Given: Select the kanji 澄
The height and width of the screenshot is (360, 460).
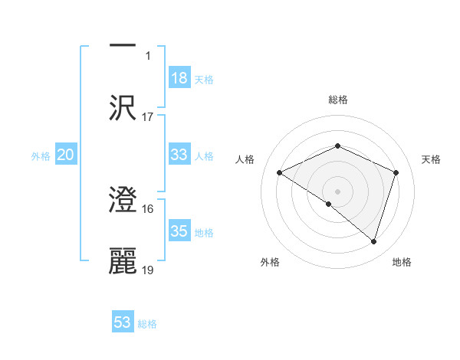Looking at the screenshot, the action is click(123, 201).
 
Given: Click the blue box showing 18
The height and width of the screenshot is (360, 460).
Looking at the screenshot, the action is click(179, 77).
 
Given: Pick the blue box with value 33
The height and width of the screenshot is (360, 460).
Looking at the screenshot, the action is click(179, 155).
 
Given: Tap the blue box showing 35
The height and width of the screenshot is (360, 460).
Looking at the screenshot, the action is click(179, 231).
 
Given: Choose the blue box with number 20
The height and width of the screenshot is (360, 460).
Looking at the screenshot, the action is click(66, 155).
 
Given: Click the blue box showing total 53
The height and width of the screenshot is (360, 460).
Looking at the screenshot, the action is click(123, 322).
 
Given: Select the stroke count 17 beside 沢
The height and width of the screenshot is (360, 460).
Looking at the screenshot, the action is click(148, 117).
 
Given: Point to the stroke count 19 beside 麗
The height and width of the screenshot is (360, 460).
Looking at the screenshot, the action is click(148, 270).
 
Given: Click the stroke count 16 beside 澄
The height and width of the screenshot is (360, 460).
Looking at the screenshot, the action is click(148, 208).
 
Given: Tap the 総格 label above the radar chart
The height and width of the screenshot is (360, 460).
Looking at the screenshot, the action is click(338, 100).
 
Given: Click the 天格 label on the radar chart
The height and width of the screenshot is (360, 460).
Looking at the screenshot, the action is click(432, 159).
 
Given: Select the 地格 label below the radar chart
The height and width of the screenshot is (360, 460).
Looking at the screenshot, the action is click(402, 262).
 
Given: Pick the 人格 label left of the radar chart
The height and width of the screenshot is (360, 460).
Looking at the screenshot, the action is click(245, 159).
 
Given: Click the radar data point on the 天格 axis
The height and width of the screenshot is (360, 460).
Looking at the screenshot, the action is click(396, 172).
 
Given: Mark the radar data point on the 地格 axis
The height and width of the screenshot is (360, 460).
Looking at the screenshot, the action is click(373, 242).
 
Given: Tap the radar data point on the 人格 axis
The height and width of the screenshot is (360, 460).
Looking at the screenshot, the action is click(280, 172).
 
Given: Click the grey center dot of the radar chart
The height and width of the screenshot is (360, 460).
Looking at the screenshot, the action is click(337, 191).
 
